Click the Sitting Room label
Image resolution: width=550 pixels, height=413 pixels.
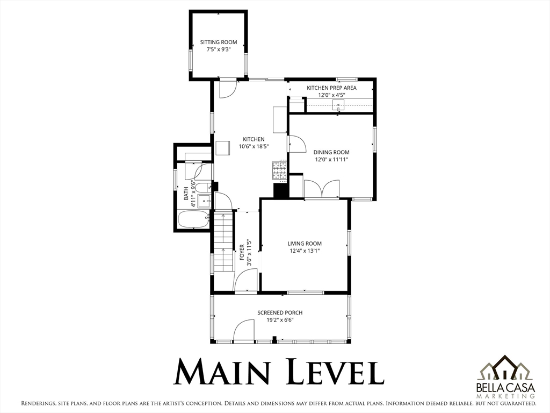(219, 42)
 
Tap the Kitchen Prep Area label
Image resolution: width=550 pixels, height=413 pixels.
(331, 88)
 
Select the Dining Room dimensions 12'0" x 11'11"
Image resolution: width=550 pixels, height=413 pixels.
(331, 159)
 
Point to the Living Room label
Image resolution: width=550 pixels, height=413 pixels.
(305, 244)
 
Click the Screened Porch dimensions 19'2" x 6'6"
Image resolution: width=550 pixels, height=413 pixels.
(280, 320)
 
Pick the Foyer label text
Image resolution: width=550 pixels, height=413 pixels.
(242, 252)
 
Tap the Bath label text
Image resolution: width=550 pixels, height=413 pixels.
(186, 193)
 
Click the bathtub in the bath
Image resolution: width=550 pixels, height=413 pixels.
(193, 219)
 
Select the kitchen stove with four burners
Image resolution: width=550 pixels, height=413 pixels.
(279, 170)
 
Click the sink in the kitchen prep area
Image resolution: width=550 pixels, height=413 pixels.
(338, 105)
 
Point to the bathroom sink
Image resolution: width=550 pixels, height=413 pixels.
(204, 201)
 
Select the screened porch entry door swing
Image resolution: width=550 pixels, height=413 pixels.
(244, 330)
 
